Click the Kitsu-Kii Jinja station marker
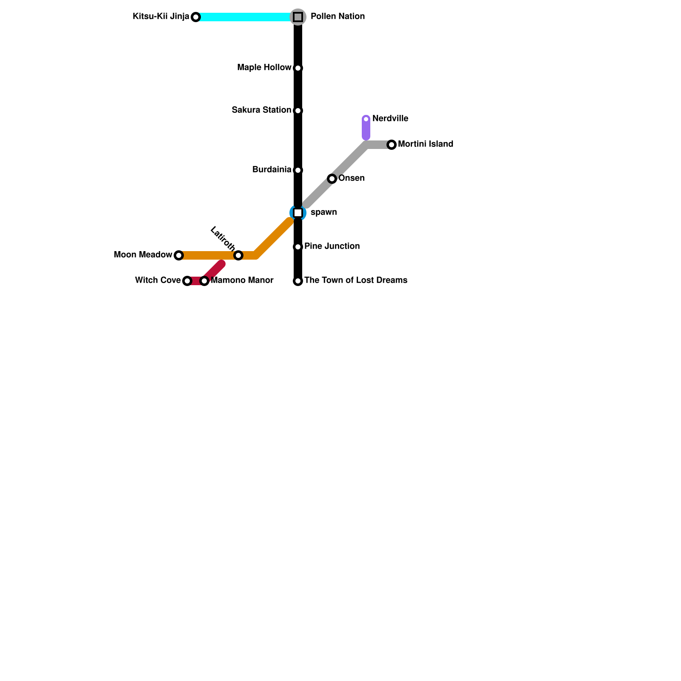coord(195,17)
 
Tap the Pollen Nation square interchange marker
coord(298,17)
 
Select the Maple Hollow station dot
coord(298,68)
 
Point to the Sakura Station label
coord(261,110)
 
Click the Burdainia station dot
coord(298,170)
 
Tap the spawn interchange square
coord(298,212)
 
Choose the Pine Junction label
coord(332,246)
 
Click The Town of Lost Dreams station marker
coord(298,281)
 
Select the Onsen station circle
coord(332,179)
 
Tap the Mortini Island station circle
coord(392,145)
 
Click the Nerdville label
coord(390,119)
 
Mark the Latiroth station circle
coord(238,255)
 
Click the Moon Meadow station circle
coord(179,255)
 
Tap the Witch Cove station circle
coord(187,281)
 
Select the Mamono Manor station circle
coord(204,281)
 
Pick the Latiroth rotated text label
coord(223,238)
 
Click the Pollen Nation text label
coord(338,17)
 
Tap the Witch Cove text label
coord(157,280)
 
